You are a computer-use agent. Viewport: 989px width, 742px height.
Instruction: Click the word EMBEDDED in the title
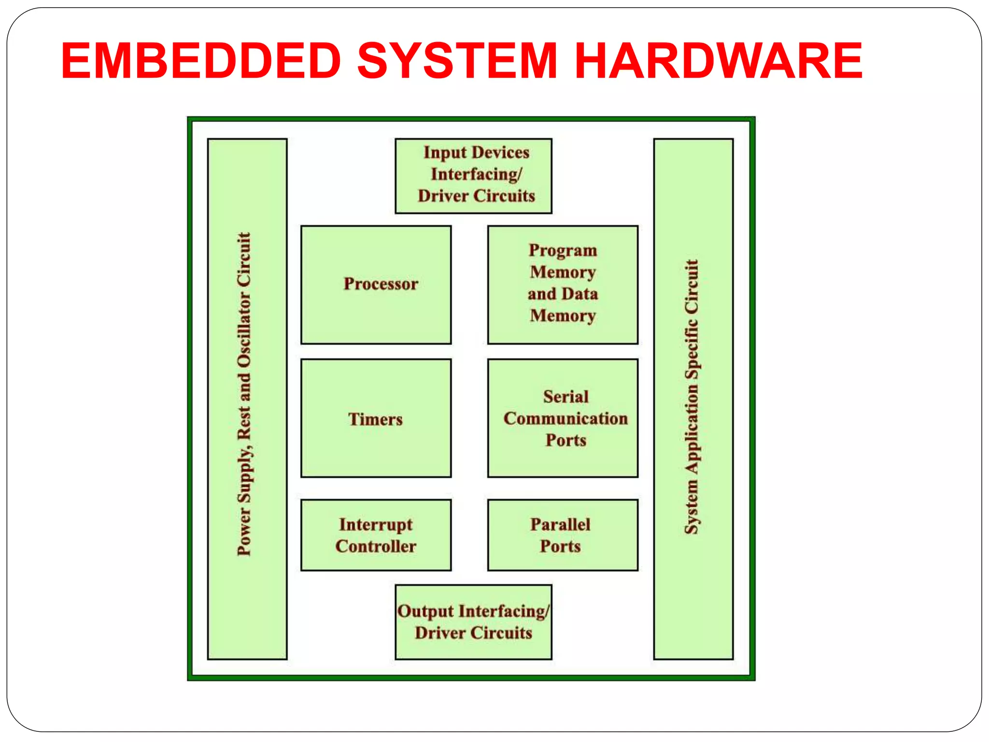(201, 61)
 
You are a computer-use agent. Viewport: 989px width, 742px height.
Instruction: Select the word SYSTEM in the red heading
(457, 61)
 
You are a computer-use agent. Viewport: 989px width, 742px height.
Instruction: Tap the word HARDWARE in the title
(719, 61)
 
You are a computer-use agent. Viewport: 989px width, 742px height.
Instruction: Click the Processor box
(376, 285)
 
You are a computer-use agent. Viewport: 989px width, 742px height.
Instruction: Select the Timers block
(376, 418)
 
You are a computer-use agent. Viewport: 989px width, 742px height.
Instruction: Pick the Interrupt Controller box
(376, 535)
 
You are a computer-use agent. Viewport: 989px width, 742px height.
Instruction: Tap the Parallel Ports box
(563, 535)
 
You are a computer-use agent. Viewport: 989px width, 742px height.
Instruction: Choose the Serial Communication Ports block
(563, 418)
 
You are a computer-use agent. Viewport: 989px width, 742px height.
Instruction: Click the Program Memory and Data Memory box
(563, 285)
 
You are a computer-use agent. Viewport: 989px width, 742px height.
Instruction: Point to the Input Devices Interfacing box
(473, 176)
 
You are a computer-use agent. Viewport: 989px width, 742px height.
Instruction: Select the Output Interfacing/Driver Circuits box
(473, 622)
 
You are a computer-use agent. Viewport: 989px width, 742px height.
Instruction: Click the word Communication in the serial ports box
(565, 418)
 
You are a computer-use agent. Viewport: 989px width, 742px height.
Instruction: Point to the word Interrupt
(376, 525)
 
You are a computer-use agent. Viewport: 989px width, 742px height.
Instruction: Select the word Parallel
(560, 525)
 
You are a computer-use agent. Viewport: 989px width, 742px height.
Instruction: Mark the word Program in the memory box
(563, 250)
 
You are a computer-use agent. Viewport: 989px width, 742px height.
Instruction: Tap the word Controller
(376, 546)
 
